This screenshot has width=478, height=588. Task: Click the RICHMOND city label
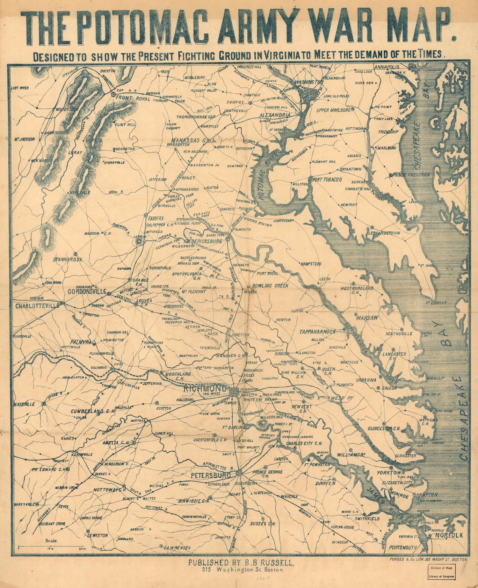205,389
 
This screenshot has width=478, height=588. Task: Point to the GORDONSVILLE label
86,291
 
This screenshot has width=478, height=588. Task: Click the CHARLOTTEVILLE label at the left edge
37,305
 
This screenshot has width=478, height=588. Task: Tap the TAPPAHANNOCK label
317,332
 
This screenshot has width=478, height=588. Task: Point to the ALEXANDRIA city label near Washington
275,115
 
